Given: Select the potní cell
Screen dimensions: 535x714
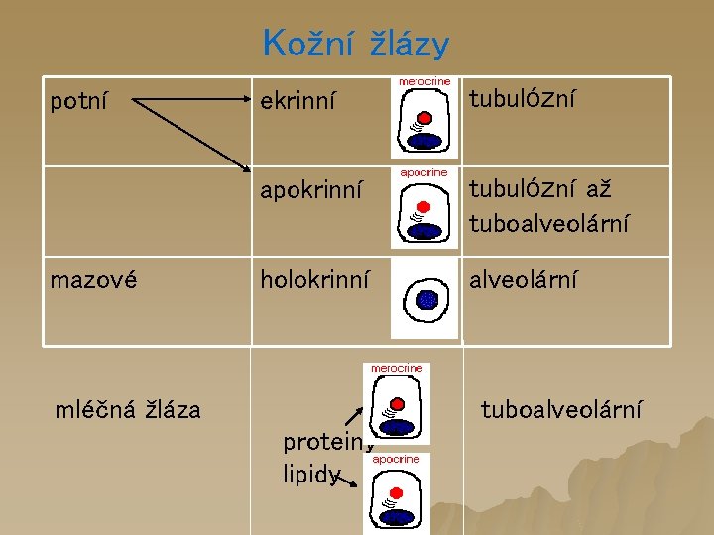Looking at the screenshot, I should (x=79, y=100).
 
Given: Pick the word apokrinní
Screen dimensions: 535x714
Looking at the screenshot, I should (x=311, y=189).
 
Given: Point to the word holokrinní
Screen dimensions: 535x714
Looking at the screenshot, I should (x=315, y=280).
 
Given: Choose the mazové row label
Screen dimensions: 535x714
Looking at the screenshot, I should (x=93, y=280).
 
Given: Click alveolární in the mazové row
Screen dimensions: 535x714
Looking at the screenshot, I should (x=523, y=280).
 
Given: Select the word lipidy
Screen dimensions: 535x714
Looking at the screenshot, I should (x=309, y=475).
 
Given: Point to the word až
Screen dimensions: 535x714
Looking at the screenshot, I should (x=598, y=189).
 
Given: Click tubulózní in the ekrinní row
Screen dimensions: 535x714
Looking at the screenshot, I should (x=522, y=99).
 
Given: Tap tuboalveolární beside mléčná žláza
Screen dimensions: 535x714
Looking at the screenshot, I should (x=560, y=408).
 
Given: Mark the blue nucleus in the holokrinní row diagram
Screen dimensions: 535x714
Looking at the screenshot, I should (x=427, y=298).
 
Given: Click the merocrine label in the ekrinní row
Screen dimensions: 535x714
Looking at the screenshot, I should (x=424, y=81).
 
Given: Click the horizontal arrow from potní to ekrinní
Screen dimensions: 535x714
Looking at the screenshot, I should (x=188, y=100).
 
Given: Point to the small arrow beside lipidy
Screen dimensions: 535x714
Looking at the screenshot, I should (x=347, y=481).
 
